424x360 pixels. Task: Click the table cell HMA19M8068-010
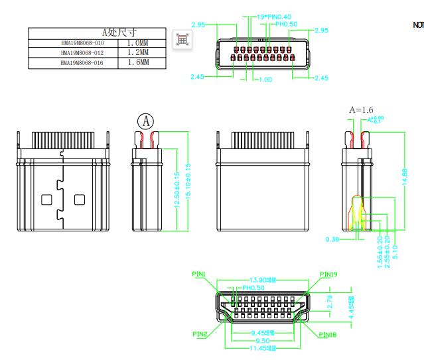pos(82,42)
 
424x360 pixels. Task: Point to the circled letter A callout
pos(145,121)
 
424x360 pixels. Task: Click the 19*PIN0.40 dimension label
pos(273,17)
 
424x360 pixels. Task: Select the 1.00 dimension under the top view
pos(265,80)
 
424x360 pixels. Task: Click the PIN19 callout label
pos(329,274)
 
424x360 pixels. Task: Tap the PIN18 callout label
pos(327,335)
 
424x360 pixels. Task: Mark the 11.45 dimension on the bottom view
pos(263,347)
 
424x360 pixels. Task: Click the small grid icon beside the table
pos(181,39)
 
